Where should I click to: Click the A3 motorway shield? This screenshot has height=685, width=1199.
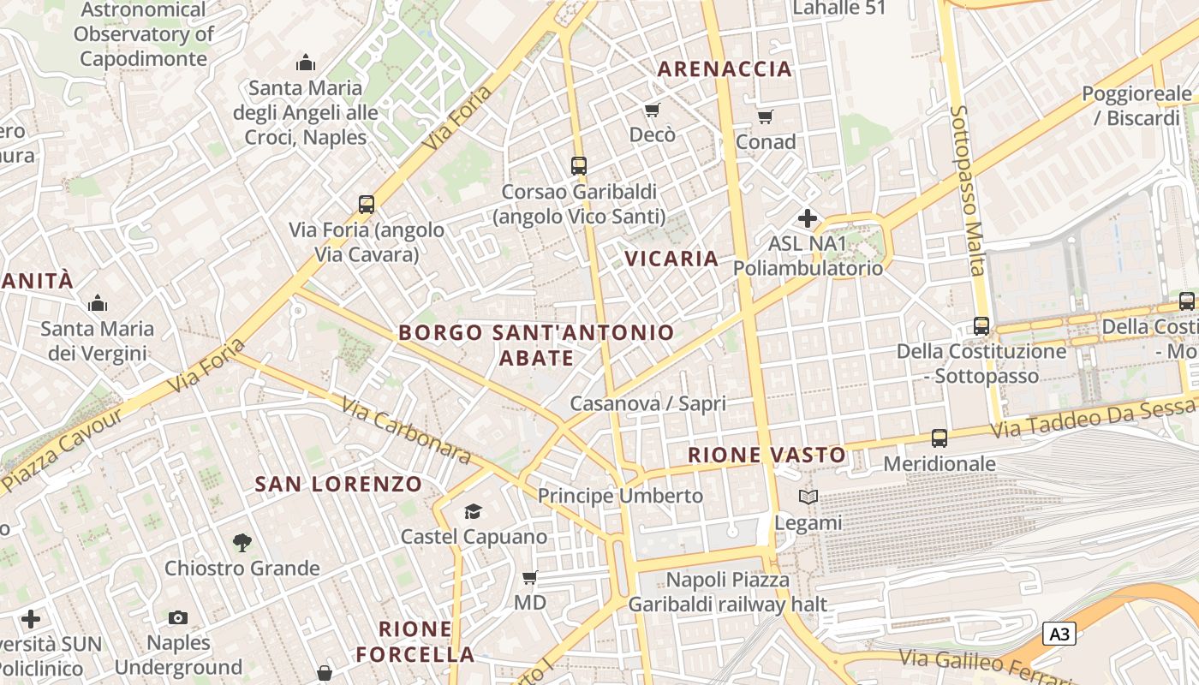point(1059,634)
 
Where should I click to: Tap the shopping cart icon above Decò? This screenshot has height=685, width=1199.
point(653,110)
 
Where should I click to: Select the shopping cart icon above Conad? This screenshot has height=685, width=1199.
point(765,116)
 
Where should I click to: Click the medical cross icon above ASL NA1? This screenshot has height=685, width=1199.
point(807,218)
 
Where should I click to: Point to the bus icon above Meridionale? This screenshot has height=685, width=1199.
point(940,438)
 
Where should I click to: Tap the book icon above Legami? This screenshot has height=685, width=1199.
point(808,497)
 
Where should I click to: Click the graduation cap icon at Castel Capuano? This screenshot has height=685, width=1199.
point(473,512)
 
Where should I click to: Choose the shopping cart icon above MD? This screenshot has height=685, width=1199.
point(530,577)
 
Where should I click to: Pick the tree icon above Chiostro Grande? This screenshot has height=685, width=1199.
point(242,542)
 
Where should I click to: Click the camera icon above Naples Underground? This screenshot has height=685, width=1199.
point(178,617)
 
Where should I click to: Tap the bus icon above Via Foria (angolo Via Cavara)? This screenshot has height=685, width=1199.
point(367,205)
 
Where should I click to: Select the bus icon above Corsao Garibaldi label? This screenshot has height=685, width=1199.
point(579,166)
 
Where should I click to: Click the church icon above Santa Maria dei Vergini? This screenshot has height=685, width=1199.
point(98,303)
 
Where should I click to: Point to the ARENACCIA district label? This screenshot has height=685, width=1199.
point(725,69)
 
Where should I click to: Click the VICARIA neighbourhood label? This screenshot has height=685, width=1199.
point(671,259)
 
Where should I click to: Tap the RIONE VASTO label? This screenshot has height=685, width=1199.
point(767,455)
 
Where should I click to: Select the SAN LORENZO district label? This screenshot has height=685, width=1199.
point(338,484)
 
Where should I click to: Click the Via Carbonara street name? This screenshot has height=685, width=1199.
point(406,430)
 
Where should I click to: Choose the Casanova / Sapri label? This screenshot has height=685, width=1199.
point(647,403)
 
